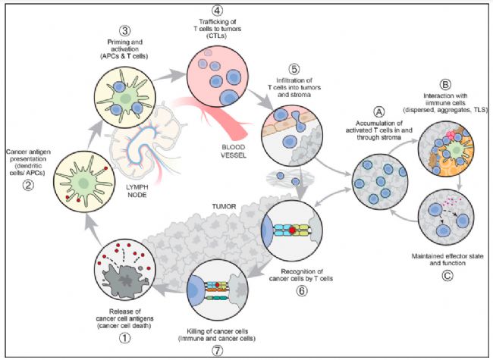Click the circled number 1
124,338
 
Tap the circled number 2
28,185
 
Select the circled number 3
125,31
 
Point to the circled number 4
217,10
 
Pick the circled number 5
294,69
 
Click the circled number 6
301,290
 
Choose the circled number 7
217,351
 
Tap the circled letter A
379,112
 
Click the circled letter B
445,84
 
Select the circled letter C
447,276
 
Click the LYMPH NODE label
137,191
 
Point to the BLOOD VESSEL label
234,151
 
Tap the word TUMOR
224,206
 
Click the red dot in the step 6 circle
293,230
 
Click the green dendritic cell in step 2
83,182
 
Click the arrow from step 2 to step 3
96,134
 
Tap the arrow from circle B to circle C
460,182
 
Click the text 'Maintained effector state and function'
447,259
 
